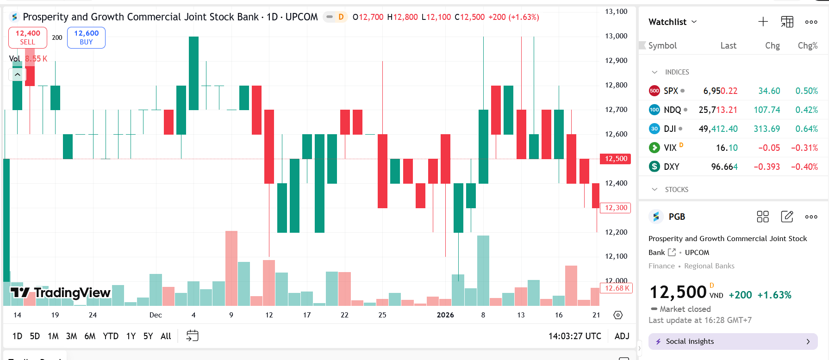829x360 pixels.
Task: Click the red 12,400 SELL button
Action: click(x=28, y=37)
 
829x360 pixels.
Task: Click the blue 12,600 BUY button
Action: click(x=86, y=37)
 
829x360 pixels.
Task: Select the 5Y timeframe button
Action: click(x=148, y=336)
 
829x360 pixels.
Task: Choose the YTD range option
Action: click(x=111, y=336)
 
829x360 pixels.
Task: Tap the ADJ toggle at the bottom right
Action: click(x=622, y=336)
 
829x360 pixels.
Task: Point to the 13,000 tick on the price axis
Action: click(x=616, y=36)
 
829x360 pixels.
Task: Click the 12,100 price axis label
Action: click(x=616, y=256)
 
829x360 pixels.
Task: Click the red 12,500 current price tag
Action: click(x=616, y=159)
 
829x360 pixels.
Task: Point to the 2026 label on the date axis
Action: click(x=445, y=315)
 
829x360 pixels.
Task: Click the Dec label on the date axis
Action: click(x=156, y=315)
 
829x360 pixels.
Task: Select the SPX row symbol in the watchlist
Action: click(x=671, y=91)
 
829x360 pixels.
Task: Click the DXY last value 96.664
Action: click(x=724, y=167)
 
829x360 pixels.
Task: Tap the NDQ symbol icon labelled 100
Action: click(x=654, y=110)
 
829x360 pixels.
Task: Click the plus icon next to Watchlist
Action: click(x=763, y=22)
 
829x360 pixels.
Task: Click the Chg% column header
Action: click(x=807, y=45)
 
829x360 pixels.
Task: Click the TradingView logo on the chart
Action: click(x=61, y=292)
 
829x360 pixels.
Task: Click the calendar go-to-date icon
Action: click(x=192, y=336)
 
